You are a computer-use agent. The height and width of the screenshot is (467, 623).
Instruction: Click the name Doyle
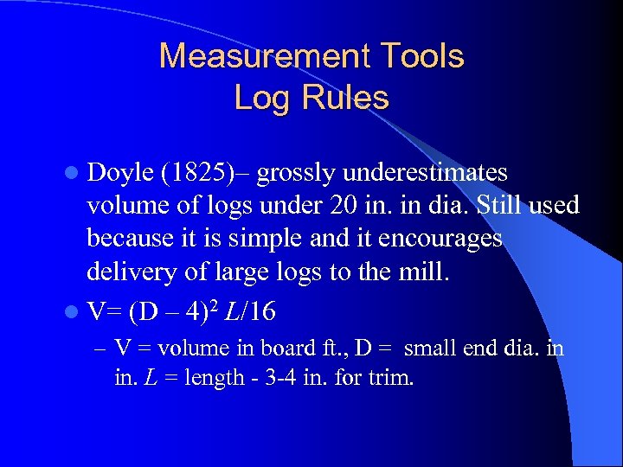tap(120, 173)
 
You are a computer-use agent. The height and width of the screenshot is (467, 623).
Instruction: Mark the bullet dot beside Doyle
tap(73, 174)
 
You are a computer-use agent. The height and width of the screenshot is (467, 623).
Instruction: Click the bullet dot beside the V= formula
tap(73, 310)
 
